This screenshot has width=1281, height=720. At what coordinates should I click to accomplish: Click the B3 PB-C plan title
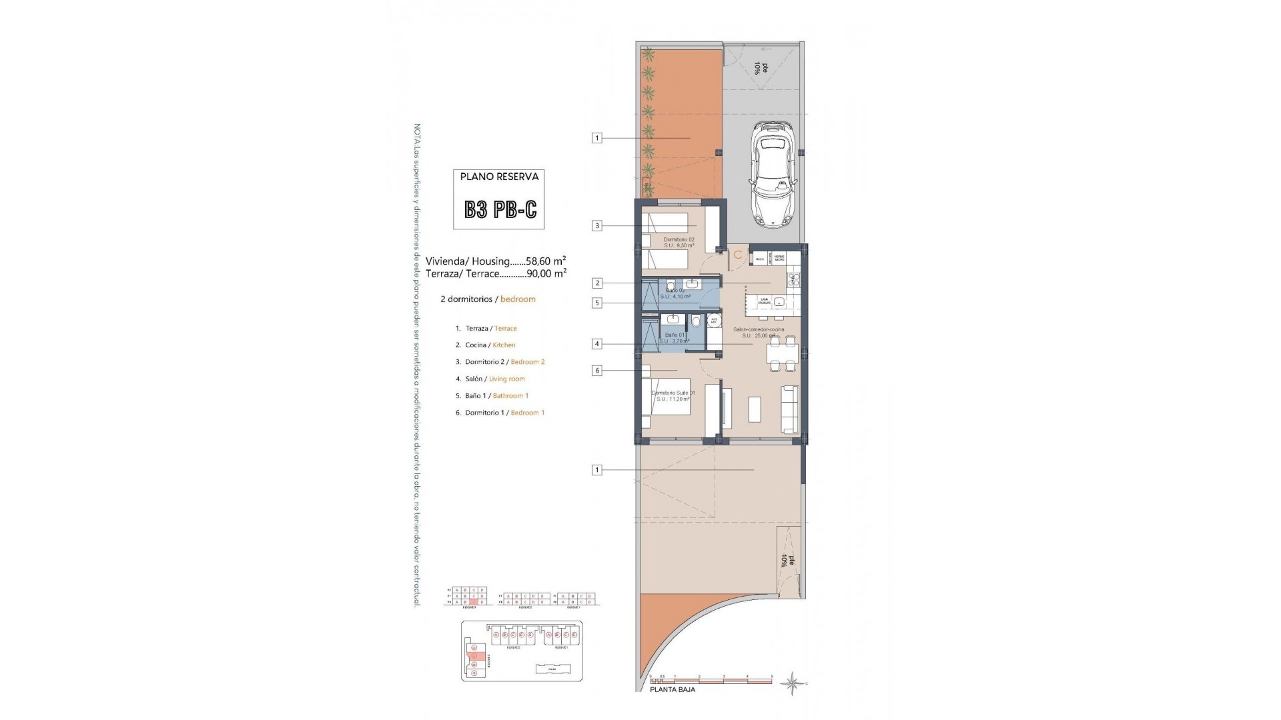click(x=500, y=210)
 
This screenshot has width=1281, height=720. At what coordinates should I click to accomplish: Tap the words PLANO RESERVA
click(x=499, y=177)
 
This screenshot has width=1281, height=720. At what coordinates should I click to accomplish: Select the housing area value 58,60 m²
click(x=546, y=261)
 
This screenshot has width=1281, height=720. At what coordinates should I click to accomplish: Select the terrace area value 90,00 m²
click(x=546, y=273)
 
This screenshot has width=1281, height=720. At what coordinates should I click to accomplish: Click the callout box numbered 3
click(x=597, y=226)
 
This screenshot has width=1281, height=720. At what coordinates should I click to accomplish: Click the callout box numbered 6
click(x=597, y=371)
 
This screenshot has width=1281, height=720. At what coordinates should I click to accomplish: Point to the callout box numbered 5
click(x=597, y=303)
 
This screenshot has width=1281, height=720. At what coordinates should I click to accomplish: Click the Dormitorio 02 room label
click(x=679, y=239)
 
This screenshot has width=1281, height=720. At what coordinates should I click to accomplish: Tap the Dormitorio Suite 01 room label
click(x=673, y=393)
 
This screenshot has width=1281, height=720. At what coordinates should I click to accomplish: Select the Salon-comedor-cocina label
click(x=759, y=329)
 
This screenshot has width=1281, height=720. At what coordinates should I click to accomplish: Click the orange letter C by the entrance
click(x=738, y=255)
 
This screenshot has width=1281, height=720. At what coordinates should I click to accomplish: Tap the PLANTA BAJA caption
click(x=673, y=689)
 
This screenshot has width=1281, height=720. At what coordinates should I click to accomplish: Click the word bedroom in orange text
click(x=518, y=299)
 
